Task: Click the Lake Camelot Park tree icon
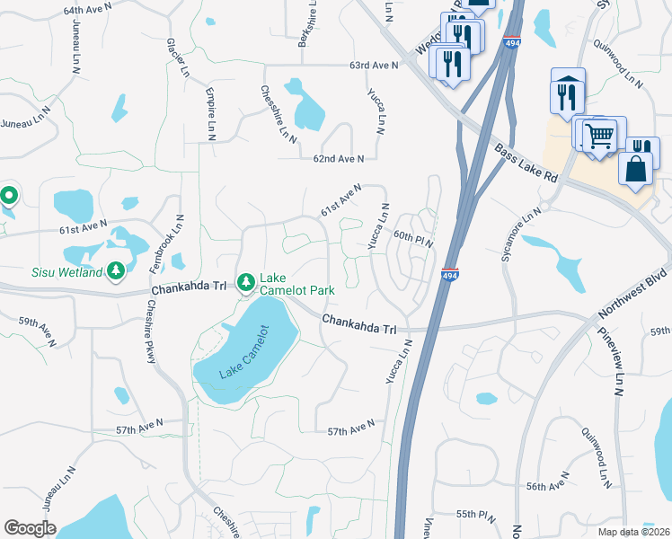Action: point(245,284)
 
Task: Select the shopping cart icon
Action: point(600,136)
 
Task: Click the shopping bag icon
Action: point(635,168)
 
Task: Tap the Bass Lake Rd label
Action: point(525,163)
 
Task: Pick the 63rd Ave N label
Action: point(373,66)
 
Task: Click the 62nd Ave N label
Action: point(339,158)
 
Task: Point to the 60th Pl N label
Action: point(413,237)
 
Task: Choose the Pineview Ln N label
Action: point(619,365)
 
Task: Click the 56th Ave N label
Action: point(550,486)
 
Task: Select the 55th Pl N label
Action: point(476,514)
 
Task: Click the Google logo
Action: point(30,528)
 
